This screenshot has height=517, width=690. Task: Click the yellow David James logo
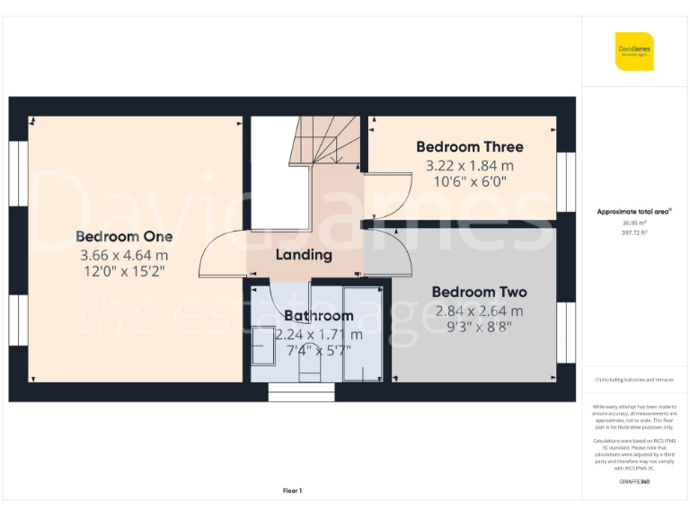click(634, 51)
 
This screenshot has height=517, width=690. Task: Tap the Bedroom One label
click(124, 237)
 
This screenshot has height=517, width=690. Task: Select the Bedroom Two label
click(479, 293)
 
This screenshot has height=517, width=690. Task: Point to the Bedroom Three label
click(469, 147)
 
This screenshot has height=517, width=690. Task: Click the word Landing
click(304, 255)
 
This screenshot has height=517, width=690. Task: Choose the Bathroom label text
click(318, 316)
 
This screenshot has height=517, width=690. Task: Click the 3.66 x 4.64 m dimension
click(124, 255)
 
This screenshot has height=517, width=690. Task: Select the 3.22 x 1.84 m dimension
click(469, 165)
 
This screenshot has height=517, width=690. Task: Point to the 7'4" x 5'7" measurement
click(318, 351)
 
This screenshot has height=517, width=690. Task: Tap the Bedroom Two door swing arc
click(385, 251)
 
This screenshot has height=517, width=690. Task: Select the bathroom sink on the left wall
click(262, 346)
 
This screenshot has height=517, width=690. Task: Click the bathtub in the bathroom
click(362, 332)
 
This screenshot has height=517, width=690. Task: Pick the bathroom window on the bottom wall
click(301, 392)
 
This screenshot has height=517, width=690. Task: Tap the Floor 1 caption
click(292, 491)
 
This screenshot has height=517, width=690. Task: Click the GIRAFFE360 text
click(634, 483)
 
